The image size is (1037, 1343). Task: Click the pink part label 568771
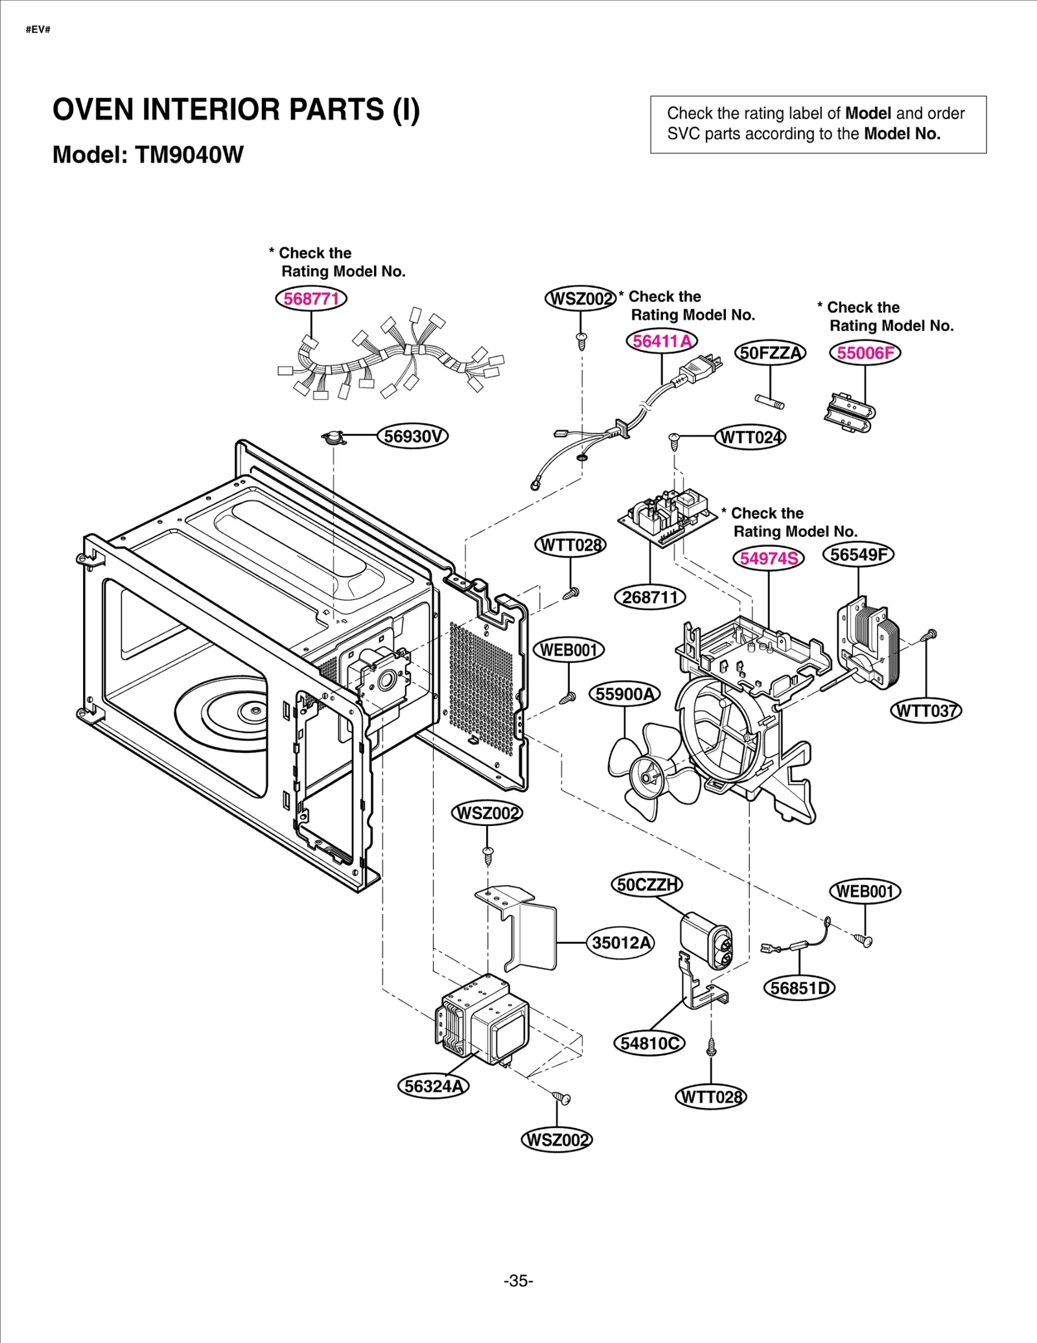[x=311, y=299]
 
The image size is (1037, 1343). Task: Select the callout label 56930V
[x=413, y=436]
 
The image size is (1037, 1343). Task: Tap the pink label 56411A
[x=662, y=341]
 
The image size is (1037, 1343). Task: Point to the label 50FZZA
[x=770, y=353]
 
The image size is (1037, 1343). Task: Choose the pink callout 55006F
[x=865, y=353]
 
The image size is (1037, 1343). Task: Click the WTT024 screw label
[x=751, y=437]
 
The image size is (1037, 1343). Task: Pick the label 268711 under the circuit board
[x=649, y=597]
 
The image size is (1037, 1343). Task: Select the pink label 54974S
[x=769, y=558]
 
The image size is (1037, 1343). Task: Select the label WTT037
[x=926, y=711]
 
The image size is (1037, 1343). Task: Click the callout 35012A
[x=621, y=943]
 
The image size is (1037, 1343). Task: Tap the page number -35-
[x=518, y=1281]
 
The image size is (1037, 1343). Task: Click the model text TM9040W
[x=189, y=155]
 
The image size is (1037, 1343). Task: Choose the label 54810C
[x=649, y=1043]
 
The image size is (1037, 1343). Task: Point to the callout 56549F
[x=858, y=555]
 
